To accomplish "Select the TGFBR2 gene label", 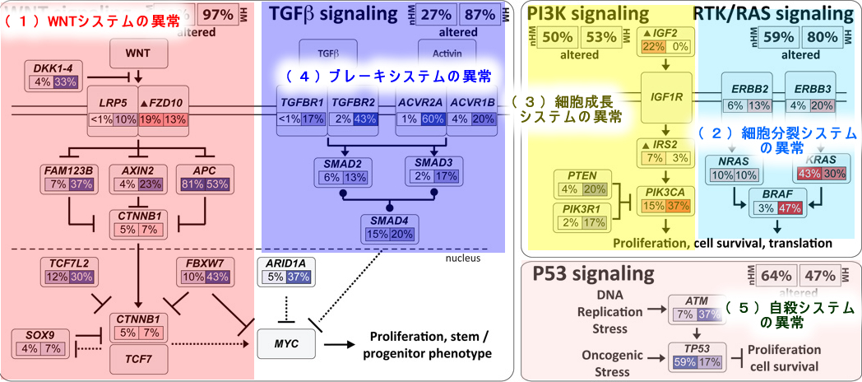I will [354, 103].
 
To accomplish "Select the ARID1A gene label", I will [285, 263].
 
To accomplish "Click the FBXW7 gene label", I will [202, 263].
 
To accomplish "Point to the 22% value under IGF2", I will [654, 46].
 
